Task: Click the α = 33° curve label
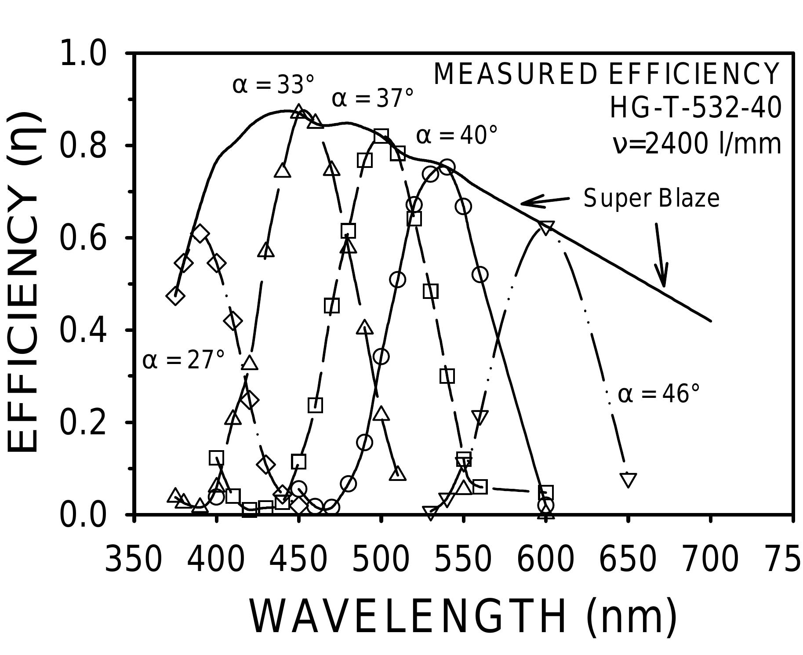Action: click(x=273, y=85)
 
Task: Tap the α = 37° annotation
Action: click(x=373, y=98)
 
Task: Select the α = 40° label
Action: click(x=457, y=135)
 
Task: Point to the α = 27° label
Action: click(x=184, y=360)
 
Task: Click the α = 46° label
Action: click(x=658, y=393)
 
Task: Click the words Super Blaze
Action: click(x=651, y=198)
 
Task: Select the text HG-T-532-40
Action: click(x=695, y=108)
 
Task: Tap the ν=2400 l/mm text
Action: click(x=697, y=144)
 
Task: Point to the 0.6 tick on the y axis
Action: click(x=83, y=238)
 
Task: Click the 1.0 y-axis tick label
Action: click(x=83, y=54)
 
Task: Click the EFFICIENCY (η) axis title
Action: click(x=24, y=281)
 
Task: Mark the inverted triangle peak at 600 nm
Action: click(x=545, y=228)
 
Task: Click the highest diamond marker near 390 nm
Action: click(x=200, y=233)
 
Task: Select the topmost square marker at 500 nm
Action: click(x=381, y=135)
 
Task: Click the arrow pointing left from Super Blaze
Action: click(x=544, y=201)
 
